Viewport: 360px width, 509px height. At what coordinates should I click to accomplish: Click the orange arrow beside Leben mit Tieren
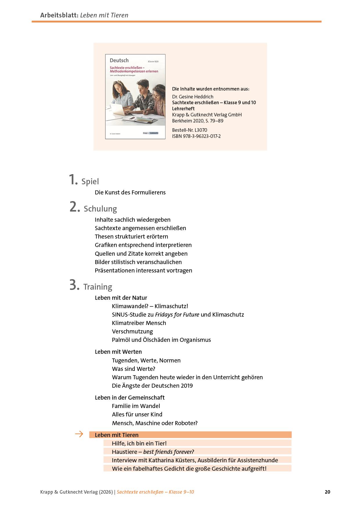pos(79,434)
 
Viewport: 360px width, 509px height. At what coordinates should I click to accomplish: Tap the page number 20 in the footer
pos(327,492)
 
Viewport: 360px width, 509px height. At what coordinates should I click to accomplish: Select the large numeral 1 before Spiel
pos(73,180)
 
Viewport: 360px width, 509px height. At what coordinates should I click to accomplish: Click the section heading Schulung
pos(100,209)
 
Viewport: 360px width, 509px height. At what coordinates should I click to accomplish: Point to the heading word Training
pos(98,287)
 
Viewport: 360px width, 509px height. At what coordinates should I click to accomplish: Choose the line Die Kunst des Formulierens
pos(130,192)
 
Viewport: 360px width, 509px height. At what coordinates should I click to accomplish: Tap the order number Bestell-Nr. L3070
pos(190,130)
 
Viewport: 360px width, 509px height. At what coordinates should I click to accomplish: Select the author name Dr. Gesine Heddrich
pos(193,97)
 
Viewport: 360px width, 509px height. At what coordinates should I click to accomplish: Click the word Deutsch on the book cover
pos(119,60)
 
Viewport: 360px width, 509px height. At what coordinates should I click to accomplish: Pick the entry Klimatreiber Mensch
pos(139,323)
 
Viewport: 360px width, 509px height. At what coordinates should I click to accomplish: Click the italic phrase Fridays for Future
pos(177,315)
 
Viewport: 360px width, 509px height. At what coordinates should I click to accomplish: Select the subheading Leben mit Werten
pos(118,352)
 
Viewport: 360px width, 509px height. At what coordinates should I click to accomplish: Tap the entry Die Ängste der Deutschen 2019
pos(152,386)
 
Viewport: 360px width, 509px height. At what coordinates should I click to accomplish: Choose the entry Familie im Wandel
pos(136,406)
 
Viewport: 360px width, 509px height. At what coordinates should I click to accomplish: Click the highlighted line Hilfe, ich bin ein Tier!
pos(139,443)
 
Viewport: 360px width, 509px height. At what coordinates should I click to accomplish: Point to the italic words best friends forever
pos(168,452)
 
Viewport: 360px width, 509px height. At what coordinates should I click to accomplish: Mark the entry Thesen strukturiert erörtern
pos(131,237)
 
